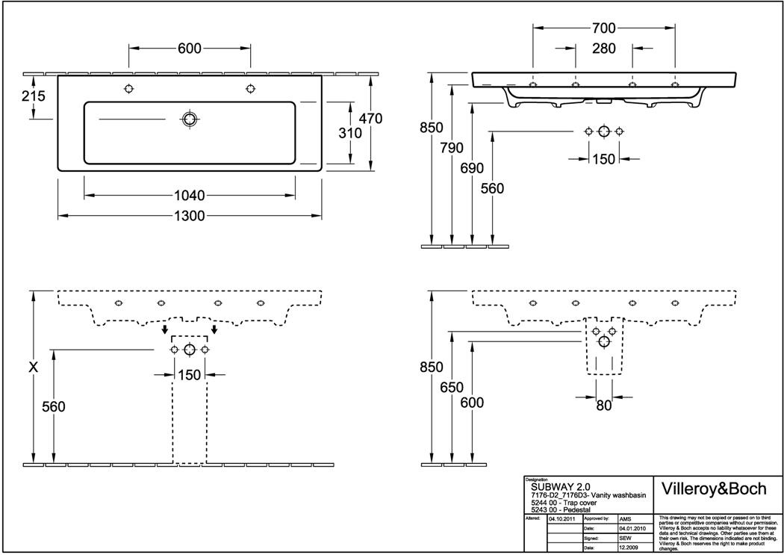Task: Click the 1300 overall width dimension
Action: pyautogui.click(x=191, y=216)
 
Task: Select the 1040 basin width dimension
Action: pyautogui.click(x=190, y=196)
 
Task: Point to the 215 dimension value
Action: pyautogui.click(x=34, y=96)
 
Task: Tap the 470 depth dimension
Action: pyautogui.click(x=370, y=118)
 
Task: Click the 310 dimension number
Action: pyautogui.click(x=349, y=133)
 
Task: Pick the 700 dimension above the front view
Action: pyautogui.click(x=603, y=28)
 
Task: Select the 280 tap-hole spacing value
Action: pyautogui.click(x=603, y=49)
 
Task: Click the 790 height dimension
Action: pyautogui.click(x=452, y=146)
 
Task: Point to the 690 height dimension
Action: pyautogui.click(x=472, y=167)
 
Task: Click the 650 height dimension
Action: pyautogui.click(x=452, y=388)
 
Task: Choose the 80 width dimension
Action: pyautogui.click(x=603, y=406)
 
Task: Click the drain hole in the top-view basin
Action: pyautogui.click(x=190, y=119)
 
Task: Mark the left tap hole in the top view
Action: pyautogui.click(x=129, y=89)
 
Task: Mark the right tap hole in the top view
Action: pyautogui.click(x=249, y=89)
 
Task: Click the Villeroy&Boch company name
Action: pyautogui.click(x=715, y=489)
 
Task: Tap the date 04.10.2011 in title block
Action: pyautogui.click(x=561, y=517)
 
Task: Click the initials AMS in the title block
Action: pyautogui.click(x=625, y=517)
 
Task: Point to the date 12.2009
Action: pyautogui.click(x=628, y=547)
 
